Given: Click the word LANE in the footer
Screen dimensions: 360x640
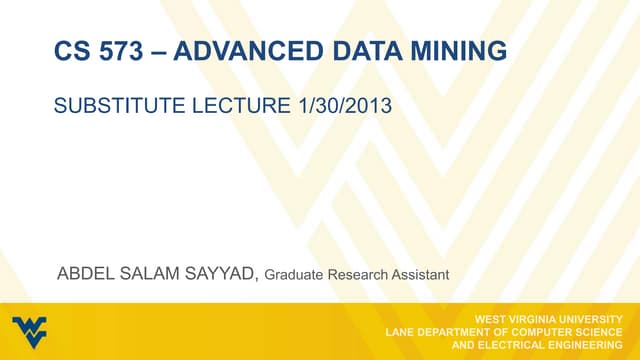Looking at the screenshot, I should [402, 331].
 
